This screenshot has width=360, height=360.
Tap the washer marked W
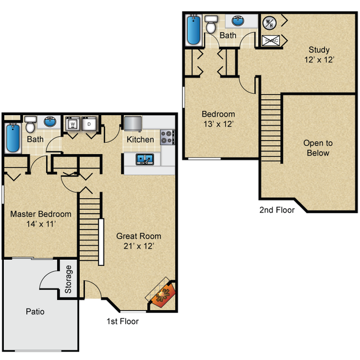(73, 125)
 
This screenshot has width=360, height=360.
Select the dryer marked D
(90, 125)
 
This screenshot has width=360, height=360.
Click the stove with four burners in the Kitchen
(167, 137)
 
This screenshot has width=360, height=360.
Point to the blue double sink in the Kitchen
(145, 160)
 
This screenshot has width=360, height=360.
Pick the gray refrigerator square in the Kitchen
(133, 122)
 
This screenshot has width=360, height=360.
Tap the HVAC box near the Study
(271, 40)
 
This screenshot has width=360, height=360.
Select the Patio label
(35, 312)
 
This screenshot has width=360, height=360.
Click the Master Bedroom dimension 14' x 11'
(40, 224)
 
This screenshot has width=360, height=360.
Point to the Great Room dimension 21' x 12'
(138, 246)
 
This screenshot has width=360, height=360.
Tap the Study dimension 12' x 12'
(320, 60)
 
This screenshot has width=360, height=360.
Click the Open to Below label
(318, 148)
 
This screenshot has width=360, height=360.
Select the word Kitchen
(140, 140)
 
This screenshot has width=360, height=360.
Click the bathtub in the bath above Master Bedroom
(12, 138)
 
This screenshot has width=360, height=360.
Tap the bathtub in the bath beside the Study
(193, 30)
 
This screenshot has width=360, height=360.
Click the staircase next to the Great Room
(90, 227)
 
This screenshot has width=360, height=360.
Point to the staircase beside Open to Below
(271, 125)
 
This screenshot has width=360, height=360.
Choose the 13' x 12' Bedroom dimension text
(218, 124)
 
